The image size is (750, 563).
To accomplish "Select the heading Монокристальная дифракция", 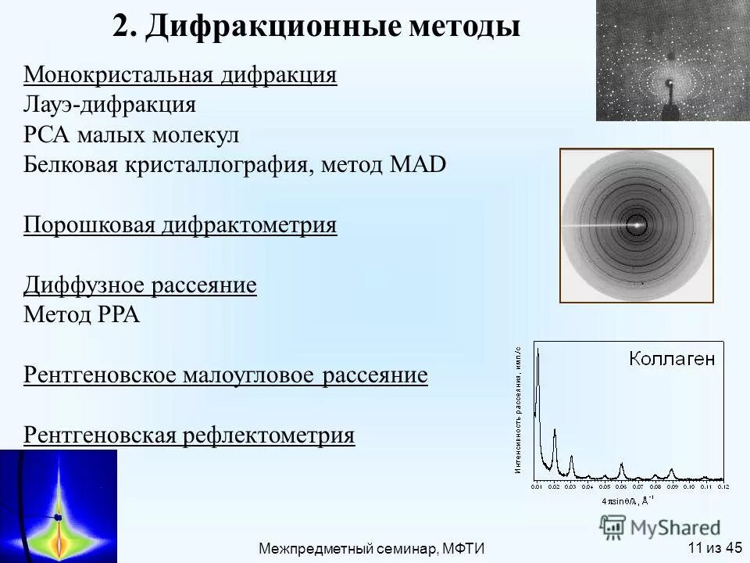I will click(x=180, y=76).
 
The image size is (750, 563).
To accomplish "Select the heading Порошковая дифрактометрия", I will click(x=180, y=225).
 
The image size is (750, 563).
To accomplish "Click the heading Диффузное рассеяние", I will click(x=140, y=285).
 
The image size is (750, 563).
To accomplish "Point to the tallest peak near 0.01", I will click(x=537, y=350).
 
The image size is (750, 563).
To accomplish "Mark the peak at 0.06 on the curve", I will click(x=622, y=467).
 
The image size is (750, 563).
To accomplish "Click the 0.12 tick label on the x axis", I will click(x=722, y=486).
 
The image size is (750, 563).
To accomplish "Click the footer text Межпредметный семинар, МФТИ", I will click(x=372, y=549).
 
